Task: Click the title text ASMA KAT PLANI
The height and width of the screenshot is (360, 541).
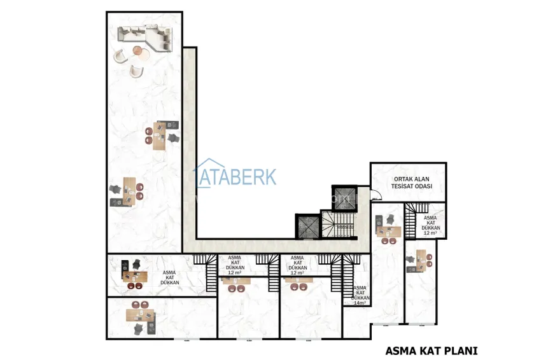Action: click(x=432, y=350)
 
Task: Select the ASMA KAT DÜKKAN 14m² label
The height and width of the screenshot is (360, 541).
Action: click(x=360, y=295)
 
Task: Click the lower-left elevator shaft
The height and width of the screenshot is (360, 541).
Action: click(x=306, y=225)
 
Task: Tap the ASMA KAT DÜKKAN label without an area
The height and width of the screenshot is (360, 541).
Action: click(x=169, y=277)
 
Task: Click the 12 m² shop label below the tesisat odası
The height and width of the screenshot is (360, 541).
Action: click(x=430, y=226)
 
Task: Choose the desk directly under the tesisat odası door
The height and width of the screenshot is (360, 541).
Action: click(x=388, y=232)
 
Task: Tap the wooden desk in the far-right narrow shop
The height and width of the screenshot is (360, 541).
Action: click(x=421, y=260)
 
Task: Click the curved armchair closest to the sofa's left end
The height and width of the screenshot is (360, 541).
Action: click(x=120, y=56)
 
